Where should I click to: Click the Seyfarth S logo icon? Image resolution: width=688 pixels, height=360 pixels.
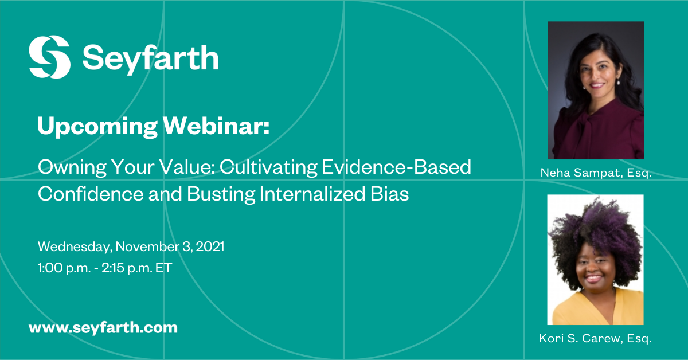(x=50, y=57)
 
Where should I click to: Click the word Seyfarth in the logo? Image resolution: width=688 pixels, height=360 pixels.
(x=150, y=58)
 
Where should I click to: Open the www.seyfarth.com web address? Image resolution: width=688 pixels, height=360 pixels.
(x=103, y=328)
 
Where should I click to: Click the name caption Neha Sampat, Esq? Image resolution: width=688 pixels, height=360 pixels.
(x=596, y=173)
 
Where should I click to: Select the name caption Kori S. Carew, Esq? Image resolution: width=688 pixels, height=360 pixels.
(x=596, y=339)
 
